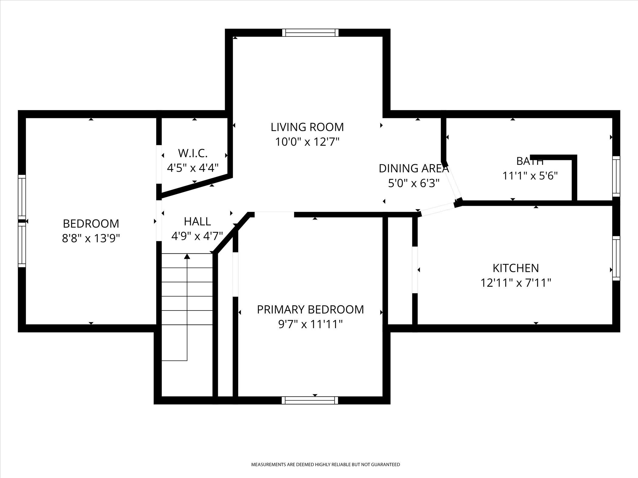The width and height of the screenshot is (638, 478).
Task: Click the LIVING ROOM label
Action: [x=307, y=127]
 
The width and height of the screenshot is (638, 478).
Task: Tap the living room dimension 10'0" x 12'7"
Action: [x=307, y=142]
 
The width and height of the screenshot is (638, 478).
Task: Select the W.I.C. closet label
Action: [x=193, y=153]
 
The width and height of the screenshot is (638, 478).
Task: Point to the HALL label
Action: [x=197, y=222]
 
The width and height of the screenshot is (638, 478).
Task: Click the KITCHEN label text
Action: [x=516, y=268]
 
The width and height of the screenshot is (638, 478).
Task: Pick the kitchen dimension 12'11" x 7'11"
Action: [x=516, y=283]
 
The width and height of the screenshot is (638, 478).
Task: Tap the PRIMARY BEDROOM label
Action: [x=310, y=310]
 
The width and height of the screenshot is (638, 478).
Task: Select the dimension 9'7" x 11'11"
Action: [x=310, y=324]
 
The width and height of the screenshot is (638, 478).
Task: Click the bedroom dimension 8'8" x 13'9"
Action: [x=91, y=238]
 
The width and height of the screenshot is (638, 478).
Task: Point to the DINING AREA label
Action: [x=414, y=168]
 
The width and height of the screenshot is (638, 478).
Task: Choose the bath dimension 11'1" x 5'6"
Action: [x=530, y=176]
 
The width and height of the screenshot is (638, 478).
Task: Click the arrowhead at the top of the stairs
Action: [x=187, y=257]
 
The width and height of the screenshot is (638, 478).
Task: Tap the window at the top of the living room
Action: [x=310, y=33]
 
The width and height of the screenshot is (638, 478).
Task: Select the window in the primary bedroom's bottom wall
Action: [x=310, y=400]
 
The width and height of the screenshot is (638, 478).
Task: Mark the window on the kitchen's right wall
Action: [x=616, y=258]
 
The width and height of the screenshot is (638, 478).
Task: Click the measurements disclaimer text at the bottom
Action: [x=325, y=464]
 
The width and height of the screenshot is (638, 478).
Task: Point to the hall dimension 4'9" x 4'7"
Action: [x=197, y=236]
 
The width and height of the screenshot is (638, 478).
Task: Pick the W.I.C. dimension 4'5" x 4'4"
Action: [x=193, y=168]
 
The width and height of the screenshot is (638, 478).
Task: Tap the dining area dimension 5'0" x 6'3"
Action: [x=414, y=183]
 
